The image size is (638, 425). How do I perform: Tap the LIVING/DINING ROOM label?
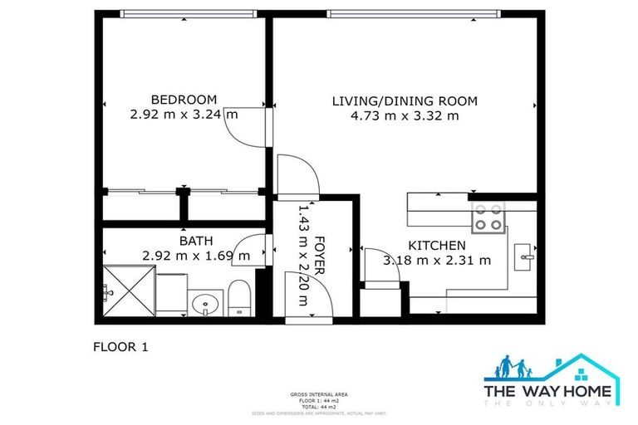pyautogui.click(x=405, y=101)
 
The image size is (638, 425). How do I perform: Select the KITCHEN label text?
pyautogui.click(x=436, y=246)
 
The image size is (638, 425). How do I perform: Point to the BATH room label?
pyautogui.click(x=196, y=241)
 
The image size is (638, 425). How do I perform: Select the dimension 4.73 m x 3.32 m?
pyautogui.click(x=405, y=116)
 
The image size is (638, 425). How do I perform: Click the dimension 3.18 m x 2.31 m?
pyautogui.click(x=436, y=260)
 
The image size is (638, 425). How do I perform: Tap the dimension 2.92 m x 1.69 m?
pyautogui.click(x=196, y=256)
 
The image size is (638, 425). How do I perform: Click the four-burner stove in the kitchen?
pyautogui.click(x=488, y=217)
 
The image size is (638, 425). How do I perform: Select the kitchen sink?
pyautogui.click(x=526, y=257)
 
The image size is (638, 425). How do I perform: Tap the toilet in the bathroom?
pyautogui.click(x=239, y=297)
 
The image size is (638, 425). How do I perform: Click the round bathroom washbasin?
pyautogui.click(x=203, y=305)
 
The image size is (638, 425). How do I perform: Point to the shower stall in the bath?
pyautogui.click(x=128, y=291)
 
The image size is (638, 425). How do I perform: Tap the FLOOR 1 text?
pyautogui.click(x=120, y=347)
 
